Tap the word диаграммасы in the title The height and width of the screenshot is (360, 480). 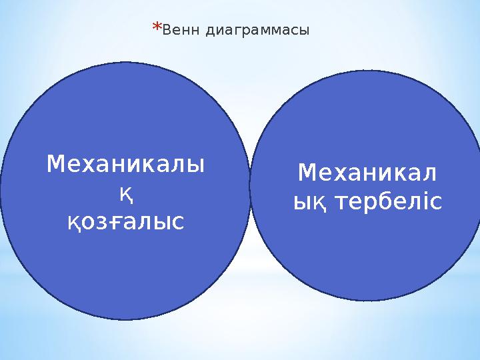tap(257, 31)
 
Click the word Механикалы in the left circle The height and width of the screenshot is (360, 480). tap(125, 164)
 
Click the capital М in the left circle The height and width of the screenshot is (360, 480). tap(55, 164)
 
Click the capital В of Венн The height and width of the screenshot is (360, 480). tap(166, 30)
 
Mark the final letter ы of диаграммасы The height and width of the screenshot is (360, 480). tap(304, 31)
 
